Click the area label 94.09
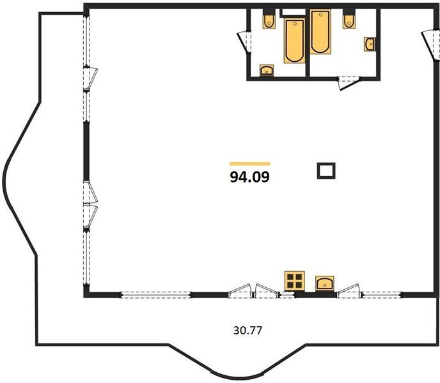coord(249,177)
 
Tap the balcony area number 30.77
coord(247,331)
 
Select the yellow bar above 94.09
coord(250,164)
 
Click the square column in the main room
coord(326,170)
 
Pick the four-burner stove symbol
coord(295,281)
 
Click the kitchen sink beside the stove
coord(325,283)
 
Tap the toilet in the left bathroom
coord(269,20)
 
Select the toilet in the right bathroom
coord(349,20)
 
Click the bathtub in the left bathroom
coord(294,41)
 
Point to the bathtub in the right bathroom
coord(320,32)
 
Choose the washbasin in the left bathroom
coord(267,70)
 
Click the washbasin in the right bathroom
coord(370,44)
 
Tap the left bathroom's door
coord(244,42)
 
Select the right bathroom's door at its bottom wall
coord(349,83)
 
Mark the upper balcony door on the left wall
coord(90,79)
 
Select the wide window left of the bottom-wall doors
coord(156,295)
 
